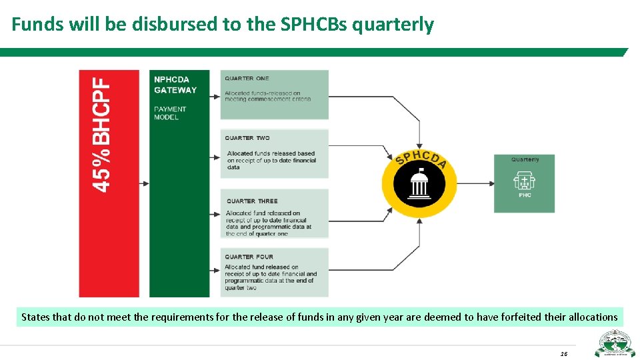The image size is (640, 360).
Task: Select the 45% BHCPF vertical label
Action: (x=101, y=135)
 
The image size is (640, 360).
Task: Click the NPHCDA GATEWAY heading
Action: (x=175, y=85)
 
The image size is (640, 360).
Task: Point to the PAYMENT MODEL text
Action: (x=171, y=113)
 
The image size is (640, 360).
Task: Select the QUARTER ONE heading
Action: (x=247, y=79)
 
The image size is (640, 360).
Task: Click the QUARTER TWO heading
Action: (x=247, y=138)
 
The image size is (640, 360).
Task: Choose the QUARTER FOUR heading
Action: (x=249, y=257)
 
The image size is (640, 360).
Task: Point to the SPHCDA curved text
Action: (x=421, y=159)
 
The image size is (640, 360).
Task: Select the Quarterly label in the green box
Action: (x=525, y=159)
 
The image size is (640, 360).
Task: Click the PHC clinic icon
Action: (x=525, y=181)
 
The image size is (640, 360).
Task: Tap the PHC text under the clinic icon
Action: (x=525, y=195)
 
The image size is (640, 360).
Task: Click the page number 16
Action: (x=563, y=353)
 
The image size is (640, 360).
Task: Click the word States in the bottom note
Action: (x=35, y=317)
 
